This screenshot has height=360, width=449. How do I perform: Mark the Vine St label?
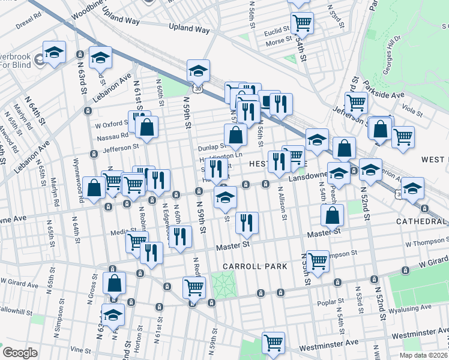(82, 349)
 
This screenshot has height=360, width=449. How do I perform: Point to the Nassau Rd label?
(112, 137)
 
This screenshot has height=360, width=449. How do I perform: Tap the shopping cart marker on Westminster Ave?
(273, 343)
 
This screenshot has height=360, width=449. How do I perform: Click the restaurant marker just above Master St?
(247, 222)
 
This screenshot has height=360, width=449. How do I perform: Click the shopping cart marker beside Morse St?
(302, 23)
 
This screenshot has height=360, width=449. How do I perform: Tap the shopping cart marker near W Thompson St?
(318, 260)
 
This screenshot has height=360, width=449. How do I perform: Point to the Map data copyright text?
(423, 355)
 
